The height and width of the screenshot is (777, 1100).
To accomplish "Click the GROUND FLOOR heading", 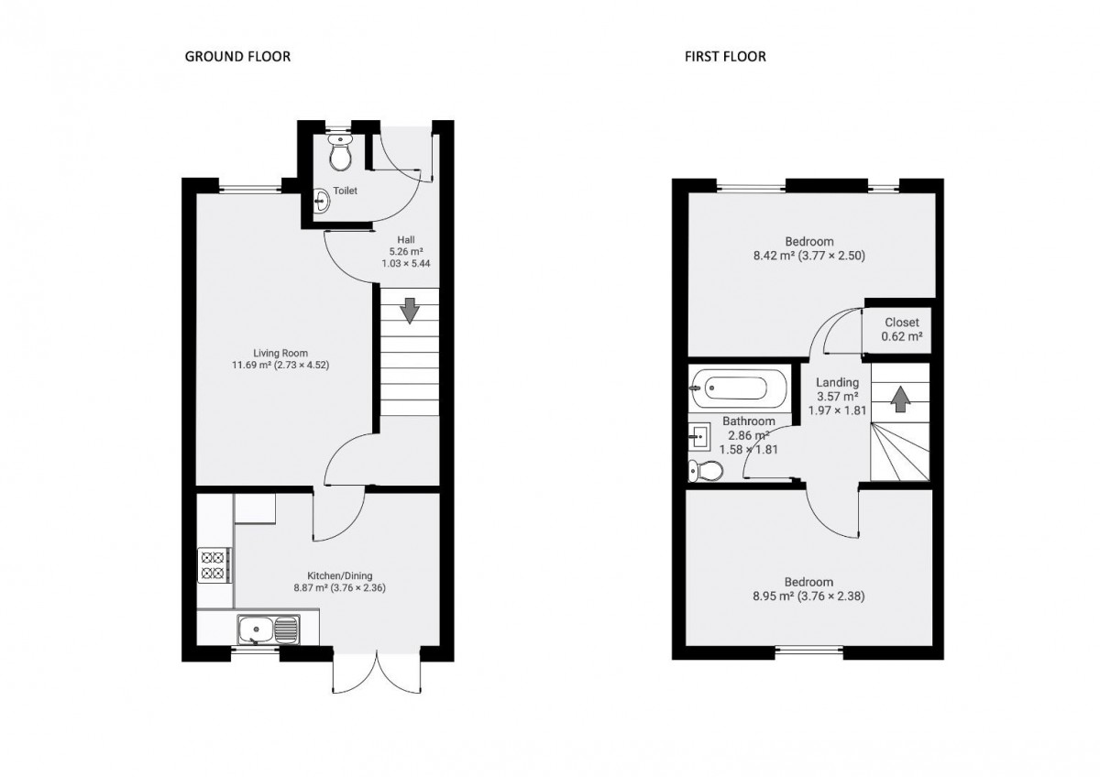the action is point(237,57).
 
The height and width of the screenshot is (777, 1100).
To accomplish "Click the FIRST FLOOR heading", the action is point(725,57).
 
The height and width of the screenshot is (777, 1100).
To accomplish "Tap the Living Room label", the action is point(280,353).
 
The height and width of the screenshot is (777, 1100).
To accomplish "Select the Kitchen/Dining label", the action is point(340,575).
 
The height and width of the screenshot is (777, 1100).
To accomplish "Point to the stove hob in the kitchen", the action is point(214,564).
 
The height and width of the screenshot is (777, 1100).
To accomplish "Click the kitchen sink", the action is point(269,629).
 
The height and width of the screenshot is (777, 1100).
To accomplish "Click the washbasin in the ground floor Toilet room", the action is point(322,201).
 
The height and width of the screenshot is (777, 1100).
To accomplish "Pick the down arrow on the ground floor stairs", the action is point(409,311).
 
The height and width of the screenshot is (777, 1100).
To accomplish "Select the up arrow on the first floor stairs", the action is point(900,399).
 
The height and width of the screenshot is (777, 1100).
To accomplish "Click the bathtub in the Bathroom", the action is point(739,388).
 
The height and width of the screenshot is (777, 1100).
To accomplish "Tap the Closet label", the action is point(902,323).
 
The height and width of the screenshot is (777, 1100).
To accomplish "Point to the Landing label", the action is point(837,382).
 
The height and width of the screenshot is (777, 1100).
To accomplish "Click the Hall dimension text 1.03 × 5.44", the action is point(406,264).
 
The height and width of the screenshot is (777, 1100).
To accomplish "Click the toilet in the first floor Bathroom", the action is point(706,471).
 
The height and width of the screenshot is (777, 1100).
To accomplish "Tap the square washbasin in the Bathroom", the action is point(698,436).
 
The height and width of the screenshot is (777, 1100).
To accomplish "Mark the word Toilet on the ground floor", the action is point(346,191).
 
